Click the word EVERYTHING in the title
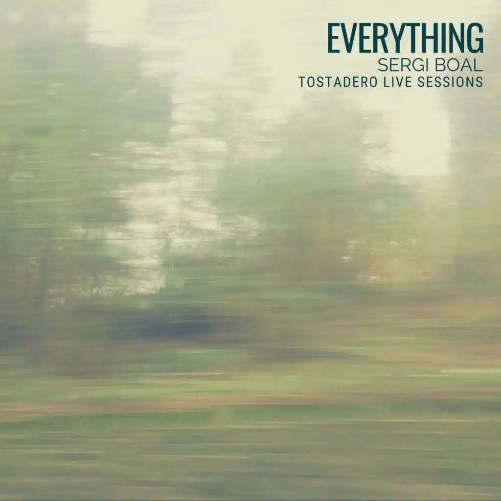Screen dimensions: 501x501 pyautogui.click(x=405, y=38)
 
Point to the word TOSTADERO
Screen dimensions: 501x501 pyautogui.click(x=337, y=82)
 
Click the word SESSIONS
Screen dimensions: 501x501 pyautogui.click(x=451, y=82)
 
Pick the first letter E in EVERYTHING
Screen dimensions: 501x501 pyautogui.click(x=334, y=38)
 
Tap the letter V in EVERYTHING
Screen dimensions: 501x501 pyautogui.click(x=349, y=38)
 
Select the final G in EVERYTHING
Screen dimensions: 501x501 pyautogui.click(x=475, y=38)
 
